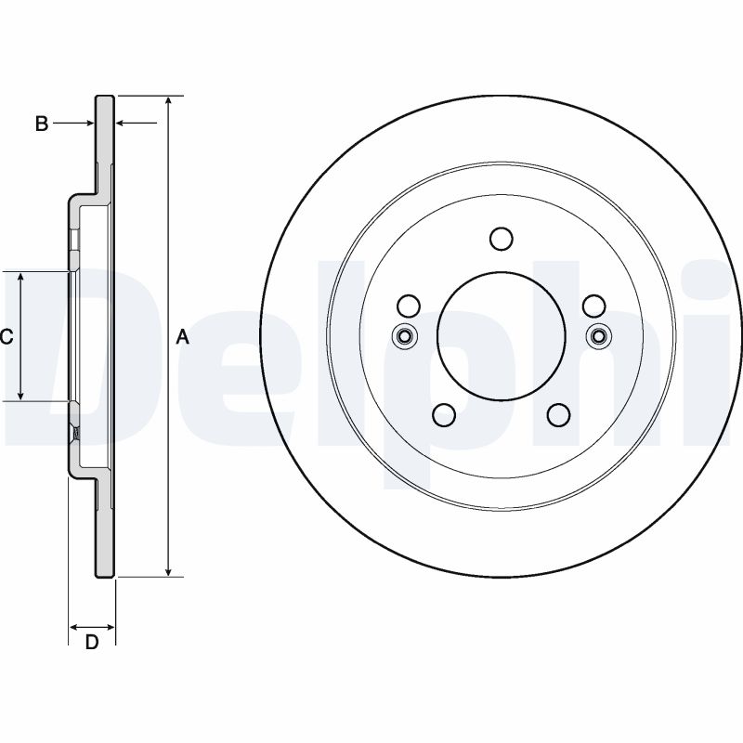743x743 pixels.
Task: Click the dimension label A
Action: click(x=183, y=337)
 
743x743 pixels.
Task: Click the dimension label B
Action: click(x=41, y=124)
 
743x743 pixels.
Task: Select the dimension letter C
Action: click(x=6, y=337)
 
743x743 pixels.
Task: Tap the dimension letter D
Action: click(x=92, y=643)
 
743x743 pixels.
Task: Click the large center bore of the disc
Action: click(x=501, y=336)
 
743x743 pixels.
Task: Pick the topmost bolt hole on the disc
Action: click(x=501, y=239)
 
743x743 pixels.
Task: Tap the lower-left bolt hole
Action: click(x=444, y=415)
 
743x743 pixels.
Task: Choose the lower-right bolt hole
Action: click(x=558, y=415)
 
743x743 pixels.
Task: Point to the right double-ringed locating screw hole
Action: click(x=597, y=336)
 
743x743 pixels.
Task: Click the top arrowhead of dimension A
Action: click(x=168, y=101)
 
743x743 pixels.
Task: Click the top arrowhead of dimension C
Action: click(x=21, y=279)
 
